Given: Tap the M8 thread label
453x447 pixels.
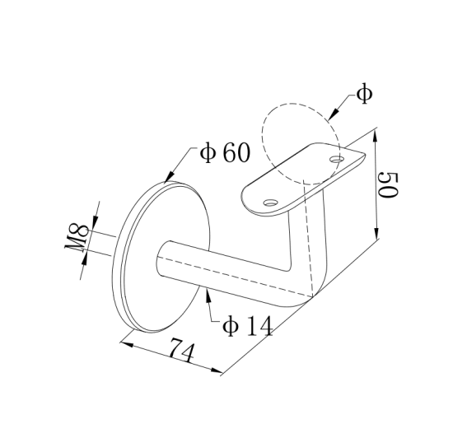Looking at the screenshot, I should tap(78, 240).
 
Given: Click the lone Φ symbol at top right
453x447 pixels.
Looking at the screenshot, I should tap(364, 94).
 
